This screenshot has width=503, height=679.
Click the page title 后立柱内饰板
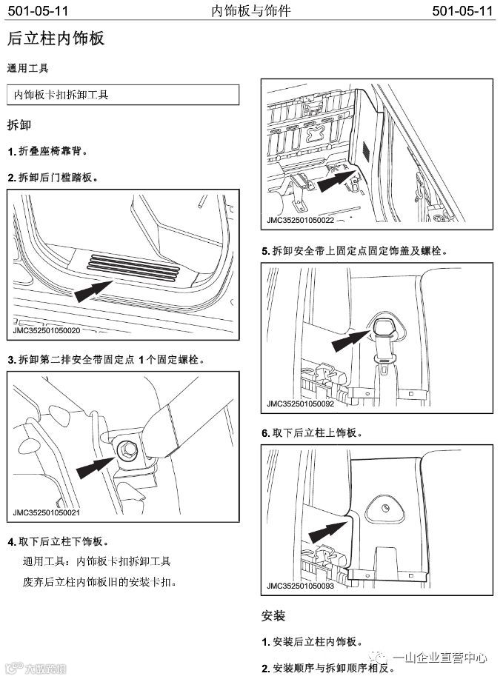coord(56,39)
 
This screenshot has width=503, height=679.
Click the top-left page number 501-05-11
coord(36,10)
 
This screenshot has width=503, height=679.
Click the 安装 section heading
coord(273,615)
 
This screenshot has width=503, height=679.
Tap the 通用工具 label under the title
coord(27,68)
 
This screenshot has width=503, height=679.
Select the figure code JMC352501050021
coord(47,512)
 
